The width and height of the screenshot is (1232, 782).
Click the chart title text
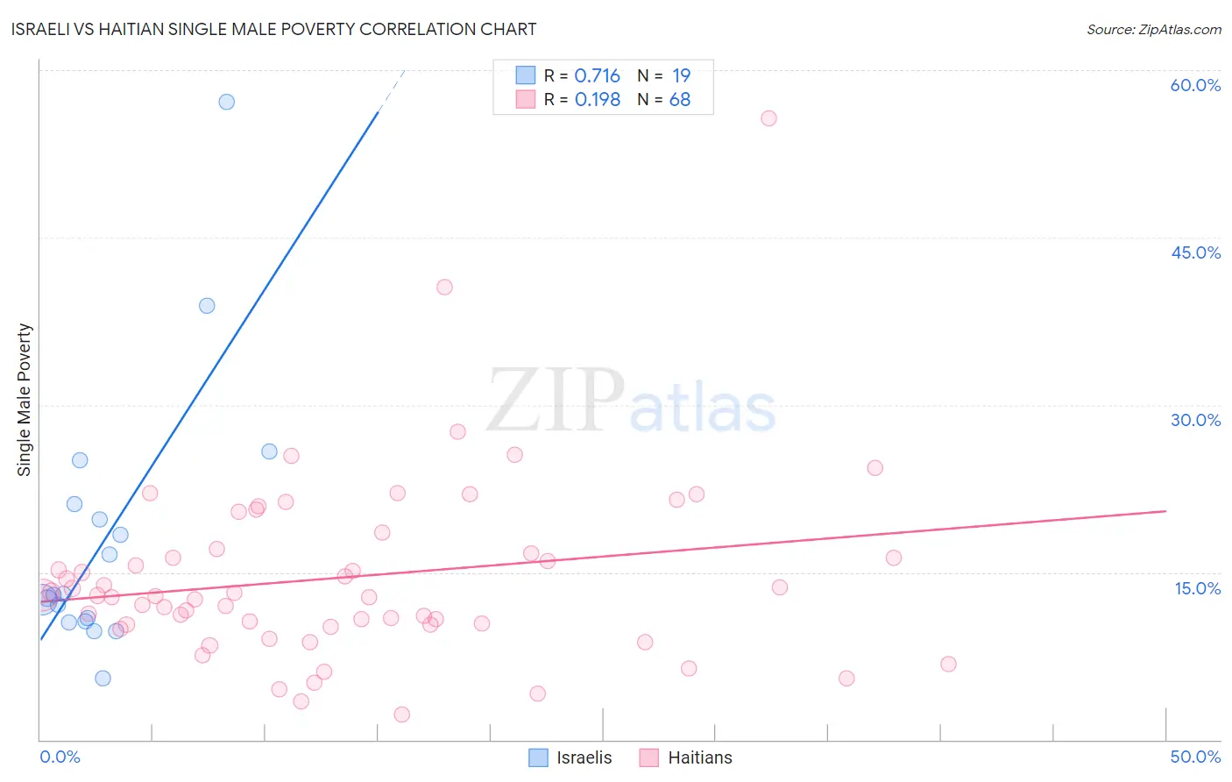(273, 29)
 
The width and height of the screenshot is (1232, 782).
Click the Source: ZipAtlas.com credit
(1153, 29)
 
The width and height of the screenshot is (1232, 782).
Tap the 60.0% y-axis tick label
(1195, 85)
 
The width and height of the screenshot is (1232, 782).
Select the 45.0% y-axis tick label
(1195, 252)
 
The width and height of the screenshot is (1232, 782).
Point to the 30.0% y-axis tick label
(1195, 420)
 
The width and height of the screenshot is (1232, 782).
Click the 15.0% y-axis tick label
(1197, 588)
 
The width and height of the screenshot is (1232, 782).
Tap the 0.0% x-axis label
(60, 757)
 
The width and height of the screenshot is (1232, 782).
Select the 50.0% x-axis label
(1195, 757)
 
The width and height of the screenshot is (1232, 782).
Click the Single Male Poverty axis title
(25, 400)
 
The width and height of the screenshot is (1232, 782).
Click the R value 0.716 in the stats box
(597, 76)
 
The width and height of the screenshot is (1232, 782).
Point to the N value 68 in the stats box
(680, 100)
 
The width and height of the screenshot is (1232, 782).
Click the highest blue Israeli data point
(227, 102)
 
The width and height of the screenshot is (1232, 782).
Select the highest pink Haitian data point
(768, 118)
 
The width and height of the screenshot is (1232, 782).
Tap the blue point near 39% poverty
(207, 306)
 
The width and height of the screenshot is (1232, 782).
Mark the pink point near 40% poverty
(444, 287)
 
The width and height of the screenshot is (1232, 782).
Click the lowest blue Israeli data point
(103, 678)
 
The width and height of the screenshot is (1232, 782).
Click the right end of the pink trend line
(1165, 511)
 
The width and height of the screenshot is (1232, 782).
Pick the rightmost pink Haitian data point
(948, 664)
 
